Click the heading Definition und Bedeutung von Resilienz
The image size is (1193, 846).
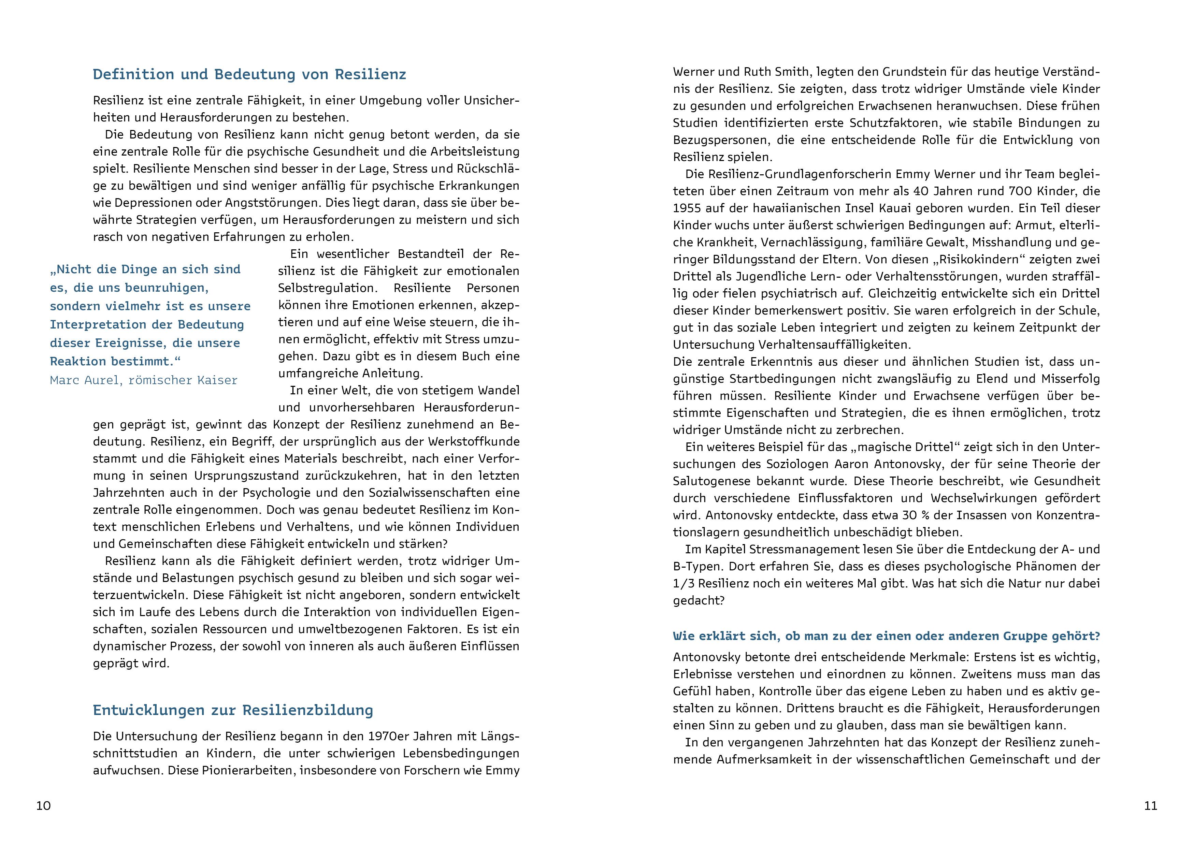coord(249,74)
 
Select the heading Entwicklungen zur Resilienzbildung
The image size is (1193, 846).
coord(233,711)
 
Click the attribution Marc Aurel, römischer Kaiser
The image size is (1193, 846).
coord(143,380)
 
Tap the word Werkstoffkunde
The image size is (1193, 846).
coord(474,442)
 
